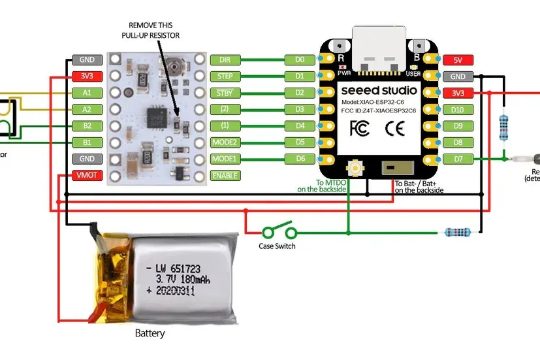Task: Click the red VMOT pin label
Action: (x=87, y=175)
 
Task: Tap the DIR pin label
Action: (x=225, y=59)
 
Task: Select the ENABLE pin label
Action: (x=225, y=175)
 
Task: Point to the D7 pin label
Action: (x=458, y=159)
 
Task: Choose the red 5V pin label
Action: (x=458, y=60)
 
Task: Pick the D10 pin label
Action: (x=458, y=109)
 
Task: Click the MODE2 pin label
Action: (x=225, y=142)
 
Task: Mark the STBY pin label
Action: (x=225, y=93)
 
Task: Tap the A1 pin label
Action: (x=87, y=93)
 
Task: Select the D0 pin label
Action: (x=300, y=59)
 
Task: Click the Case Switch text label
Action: (x=277, y=246)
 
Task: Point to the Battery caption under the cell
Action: (x=150, y=333)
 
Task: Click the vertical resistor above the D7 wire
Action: (x=503, y=127)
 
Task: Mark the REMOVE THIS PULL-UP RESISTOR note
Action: (x=151, y=30)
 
